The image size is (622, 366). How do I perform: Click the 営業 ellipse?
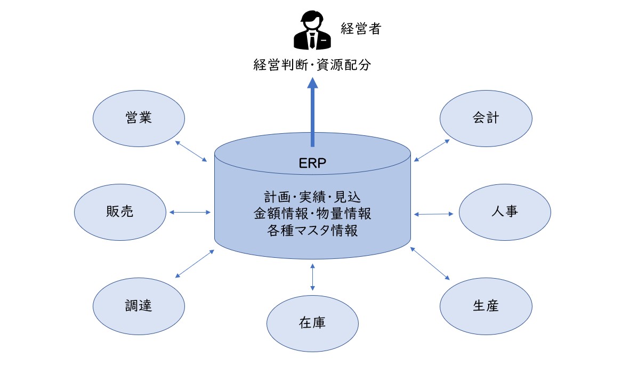139,118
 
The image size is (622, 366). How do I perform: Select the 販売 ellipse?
120,212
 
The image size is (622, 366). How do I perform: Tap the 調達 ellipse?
139,305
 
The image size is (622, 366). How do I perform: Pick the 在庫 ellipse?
312,322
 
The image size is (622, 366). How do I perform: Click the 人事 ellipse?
504,212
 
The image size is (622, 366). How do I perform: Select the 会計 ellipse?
486,118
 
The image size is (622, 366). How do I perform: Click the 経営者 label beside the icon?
361,29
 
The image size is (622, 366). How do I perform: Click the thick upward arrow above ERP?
312,112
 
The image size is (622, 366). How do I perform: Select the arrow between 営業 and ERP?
191,151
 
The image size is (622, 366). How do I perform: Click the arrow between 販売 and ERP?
190,213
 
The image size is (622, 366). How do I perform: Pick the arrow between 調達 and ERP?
195,263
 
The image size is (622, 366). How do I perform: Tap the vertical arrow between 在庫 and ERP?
312,276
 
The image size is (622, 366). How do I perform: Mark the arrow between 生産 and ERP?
430,263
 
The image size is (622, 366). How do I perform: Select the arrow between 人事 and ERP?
434,214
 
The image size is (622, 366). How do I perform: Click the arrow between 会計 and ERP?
432,150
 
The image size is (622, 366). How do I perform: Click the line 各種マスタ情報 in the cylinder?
312,231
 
